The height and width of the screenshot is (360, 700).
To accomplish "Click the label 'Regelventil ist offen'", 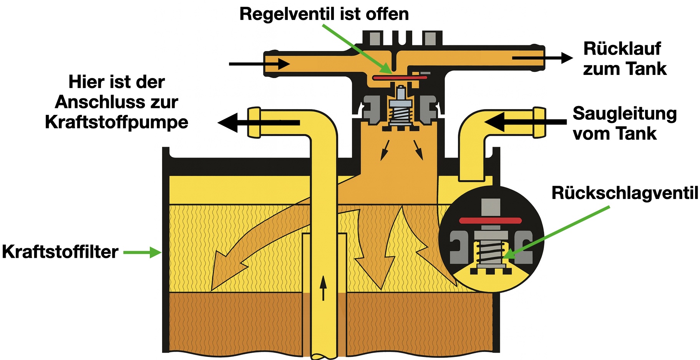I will [x=324, y=14].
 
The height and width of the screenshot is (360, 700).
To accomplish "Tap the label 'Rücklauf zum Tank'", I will [x=624, y=59].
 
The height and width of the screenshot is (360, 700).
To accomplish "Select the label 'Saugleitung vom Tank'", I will [x=624, y=123].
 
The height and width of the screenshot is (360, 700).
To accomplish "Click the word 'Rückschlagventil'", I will [x=625, y=193].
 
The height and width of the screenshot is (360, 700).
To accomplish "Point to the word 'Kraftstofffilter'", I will [x=60, y=252].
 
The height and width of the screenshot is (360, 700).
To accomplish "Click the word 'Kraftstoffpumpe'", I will [x=116, y=122].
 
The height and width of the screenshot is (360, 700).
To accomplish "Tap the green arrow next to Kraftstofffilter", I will [x=142, y=252].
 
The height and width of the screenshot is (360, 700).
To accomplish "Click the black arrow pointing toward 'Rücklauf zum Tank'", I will [x=542, y=58].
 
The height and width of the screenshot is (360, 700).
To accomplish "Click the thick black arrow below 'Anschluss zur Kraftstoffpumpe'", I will [x=258, y=123].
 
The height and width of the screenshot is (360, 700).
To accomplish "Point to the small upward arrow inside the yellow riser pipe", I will [x=323, y=287].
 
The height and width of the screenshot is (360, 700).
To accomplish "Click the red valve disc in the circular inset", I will [x=491, y=221].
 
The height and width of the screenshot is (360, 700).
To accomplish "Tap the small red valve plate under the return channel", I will [x=400, y=78].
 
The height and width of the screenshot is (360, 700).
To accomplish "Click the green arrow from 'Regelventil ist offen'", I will [x=357, y=49].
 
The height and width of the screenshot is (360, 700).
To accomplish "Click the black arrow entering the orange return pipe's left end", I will [x=259, y=64].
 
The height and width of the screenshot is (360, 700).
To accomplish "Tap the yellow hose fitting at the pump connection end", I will [x=254, y=123].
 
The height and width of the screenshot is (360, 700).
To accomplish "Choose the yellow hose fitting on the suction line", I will [x=539, y=122].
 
